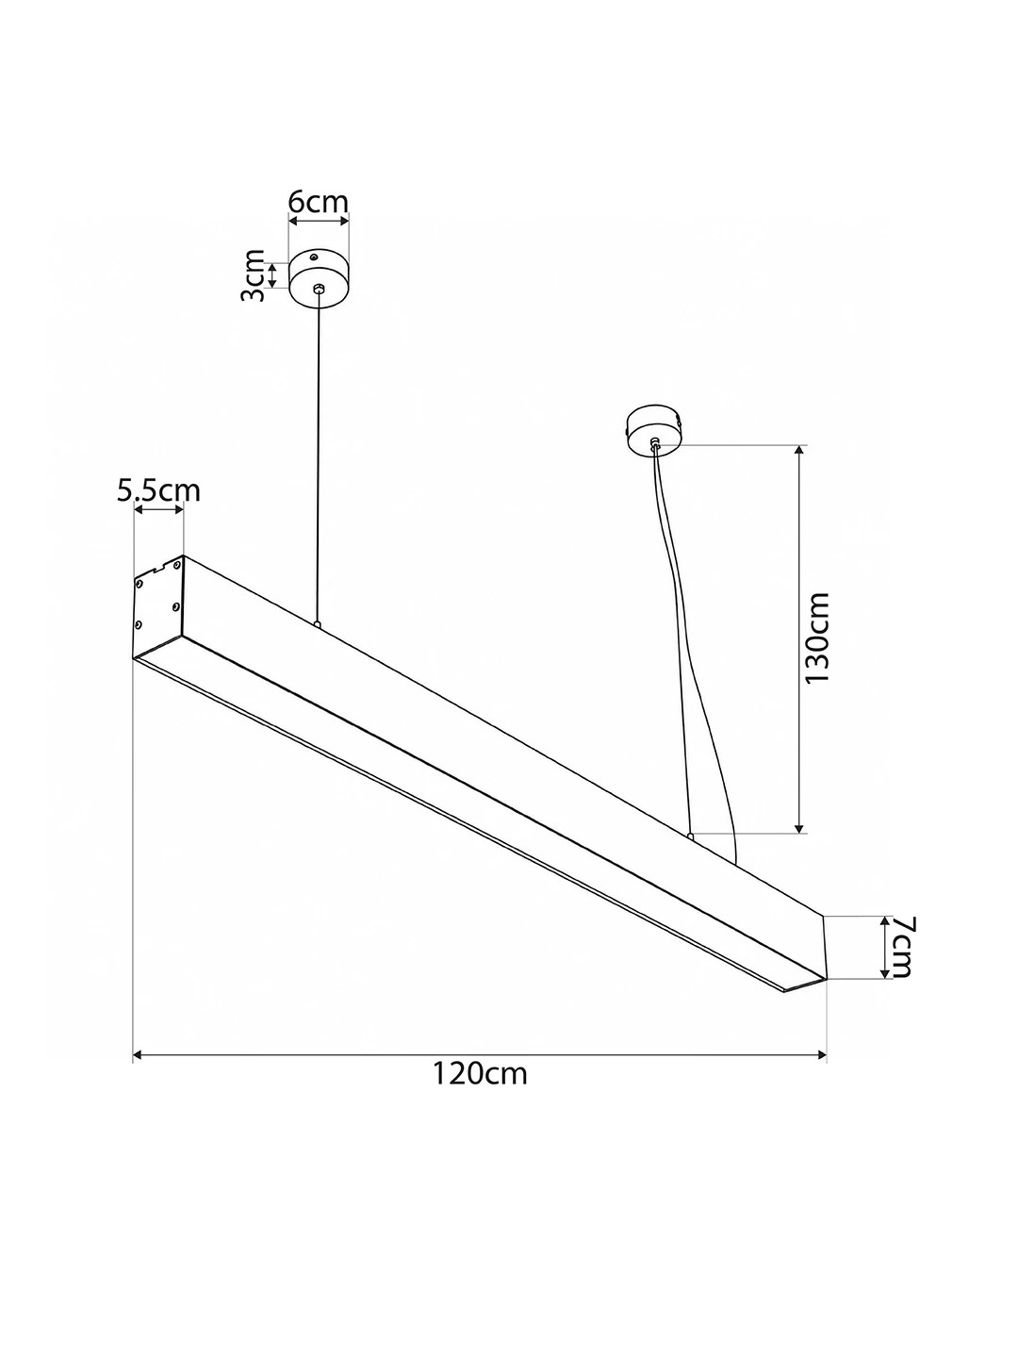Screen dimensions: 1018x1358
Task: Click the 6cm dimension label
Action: click(x=319, y=202)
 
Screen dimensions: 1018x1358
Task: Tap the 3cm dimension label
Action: click(x=253, y=275)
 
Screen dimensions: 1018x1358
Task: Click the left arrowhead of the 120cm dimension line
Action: click(x=139, y=1054)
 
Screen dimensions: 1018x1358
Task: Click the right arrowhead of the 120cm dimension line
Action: click(x=821, y=1054)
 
